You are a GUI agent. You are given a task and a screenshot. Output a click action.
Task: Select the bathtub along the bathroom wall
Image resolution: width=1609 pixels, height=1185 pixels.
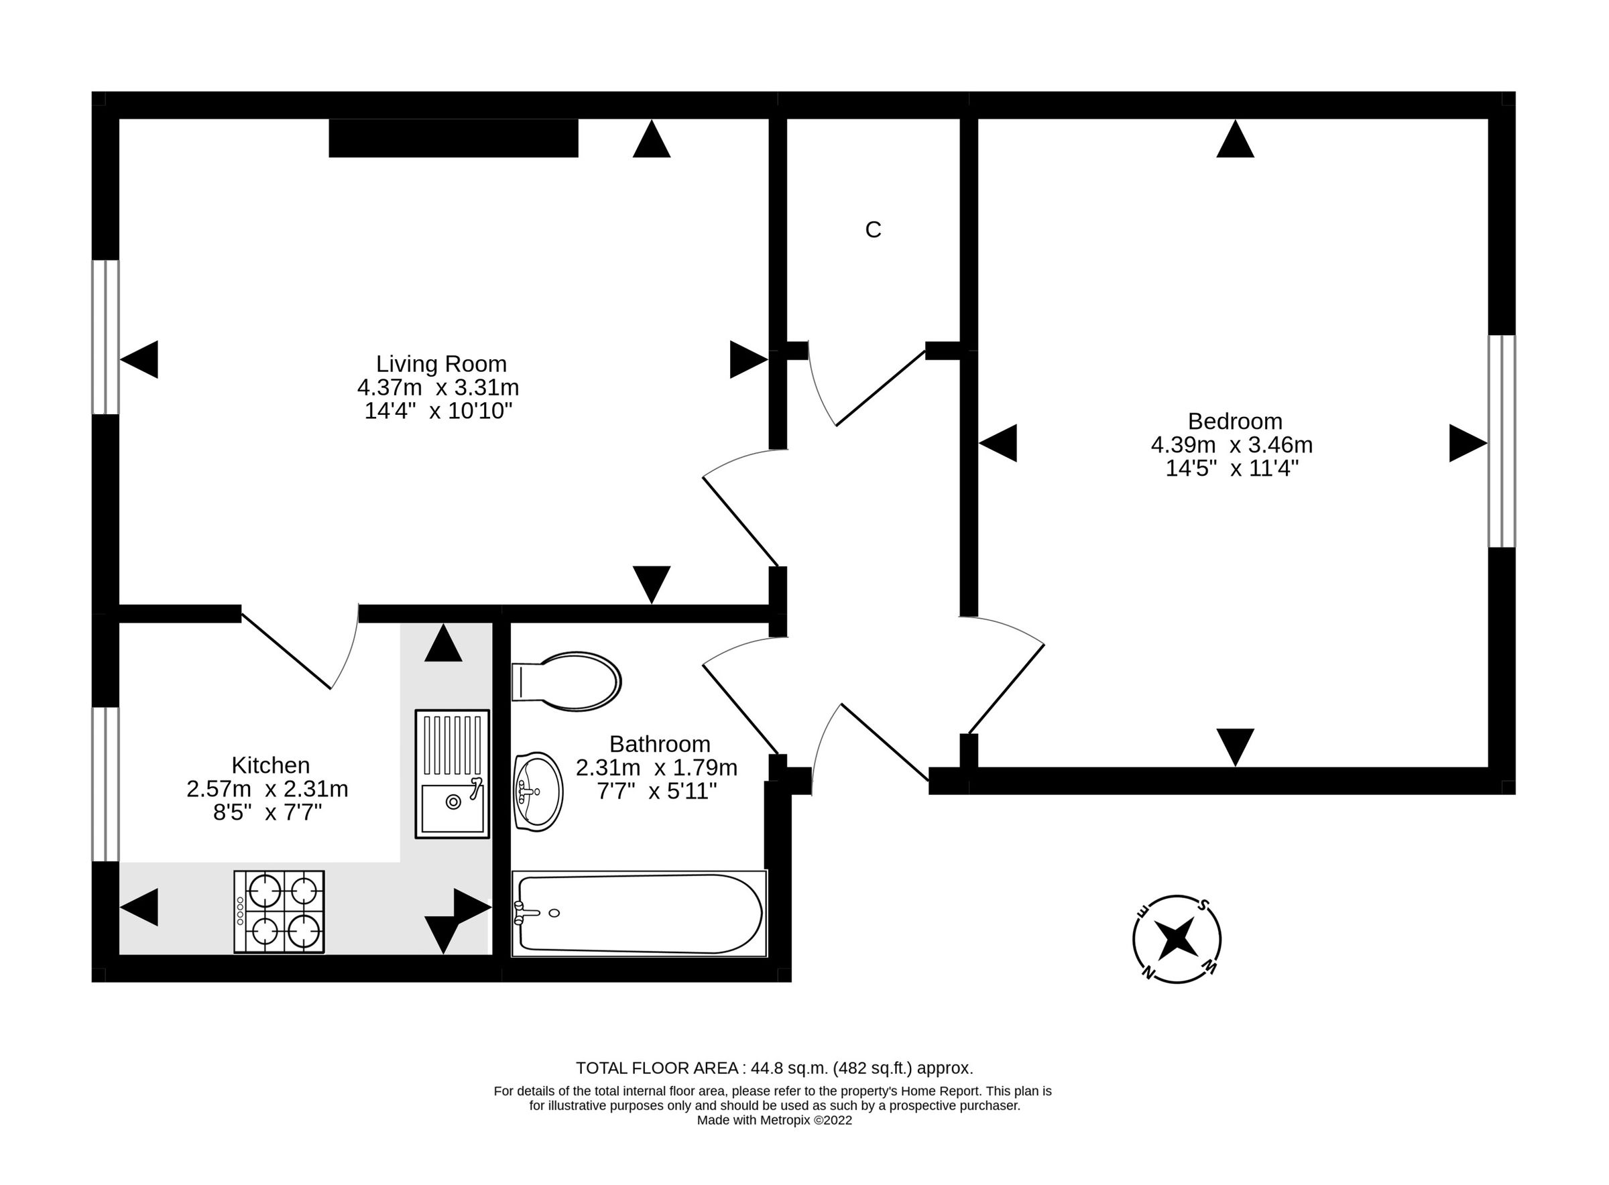[638, 913]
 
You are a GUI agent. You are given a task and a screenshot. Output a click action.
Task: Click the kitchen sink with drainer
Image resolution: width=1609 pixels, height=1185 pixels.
[452, 774]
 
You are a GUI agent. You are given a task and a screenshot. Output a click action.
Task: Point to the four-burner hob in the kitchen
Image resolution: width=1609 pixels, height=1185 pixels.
[279, 912]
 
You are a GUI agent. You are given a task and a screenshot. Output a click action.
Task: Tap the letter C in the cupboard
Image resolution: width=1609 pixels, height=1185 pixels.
[872, 229]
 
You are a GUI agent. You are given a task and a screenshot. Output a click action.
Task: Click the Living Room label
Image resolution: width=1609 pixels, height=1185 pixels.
[441, 364]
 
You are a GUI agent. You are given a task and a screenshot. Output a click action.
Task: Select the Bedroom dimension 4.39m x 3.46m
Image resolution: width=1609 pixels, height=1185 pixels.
[1231, 445]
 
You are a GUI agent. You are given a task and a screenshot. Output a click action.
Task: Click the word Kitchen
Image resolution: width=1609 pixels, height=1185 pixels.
[270, 765]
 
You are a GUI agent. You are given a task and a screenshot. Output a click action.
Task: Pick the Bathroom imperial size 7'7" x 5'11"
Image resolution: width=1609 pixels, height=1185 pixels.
[656, 791]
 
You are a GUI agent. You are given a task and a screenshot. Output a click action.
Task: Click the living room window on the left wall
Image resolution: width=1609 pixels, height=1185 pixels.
[105, 337]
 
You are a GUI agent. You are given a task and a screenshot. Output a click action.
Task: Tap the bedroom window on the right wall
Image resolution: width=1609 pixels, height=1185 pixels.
[1502, 441]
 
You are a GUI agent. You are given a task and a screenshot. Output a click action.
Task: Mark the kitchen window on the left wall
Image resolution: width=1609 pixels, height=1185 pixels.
[105, 784]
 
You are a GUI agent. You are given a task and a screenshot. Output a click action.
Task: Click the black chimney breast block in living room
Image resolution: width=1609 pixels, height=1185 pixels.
[453, 137]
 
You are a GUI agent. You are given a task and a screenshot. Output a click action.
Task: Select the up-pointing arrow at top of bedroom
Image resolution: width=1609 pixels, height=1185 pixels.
[1236, 139]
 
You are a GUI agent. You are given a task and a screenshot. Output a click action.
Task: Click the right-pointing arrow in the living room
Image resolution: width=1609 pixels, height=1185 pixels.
[747, 359]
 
